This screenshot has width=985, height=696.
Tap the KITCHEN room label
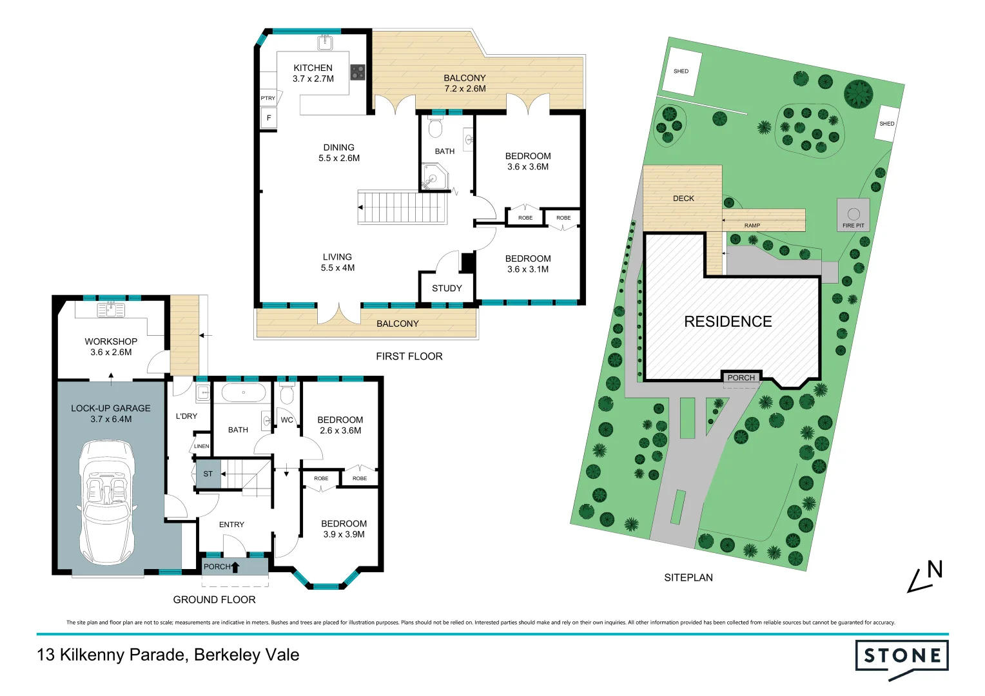tap(313, 68)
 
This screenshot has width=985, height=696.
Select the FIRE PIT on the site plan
tap(853, 215)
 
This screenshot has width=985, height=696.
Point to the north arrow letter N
tap(934, 570)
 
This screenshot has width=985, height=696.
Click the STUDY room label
tap(447, 288)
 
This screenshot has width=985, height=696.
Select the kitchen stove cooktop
tap(358, 72)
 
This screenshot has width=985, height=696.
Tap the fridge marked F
tap(269, 118)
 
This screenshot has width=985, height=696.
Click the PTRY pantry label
tap(268, 98)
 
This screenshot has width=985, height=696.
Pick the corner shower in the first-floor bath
tap(434, 177)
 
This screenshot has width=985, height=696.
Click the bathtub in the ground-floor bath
tap(243, 392)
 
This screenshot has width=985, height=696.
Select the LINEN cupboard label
tap(201, 446)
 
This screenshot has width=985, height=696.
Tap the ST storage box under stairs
tap(208, 474)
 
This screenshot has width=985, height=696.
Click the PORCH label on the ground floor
tap(217, 566)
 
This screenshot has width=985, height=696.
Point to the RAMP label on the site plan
tap(752, 226)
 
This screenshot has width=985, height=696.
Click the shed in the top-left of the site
tap(681, 71)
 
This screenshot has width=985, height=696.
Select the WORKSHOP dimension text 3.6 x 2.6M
tap(111, 353)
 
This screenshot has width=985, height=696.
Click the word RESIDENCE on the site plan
tap(728, 322)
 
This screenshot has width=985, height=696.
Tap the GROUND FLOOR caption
tap(214, 599)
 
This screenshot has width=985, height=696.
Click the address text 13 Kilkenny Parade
tap(111, 655)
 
